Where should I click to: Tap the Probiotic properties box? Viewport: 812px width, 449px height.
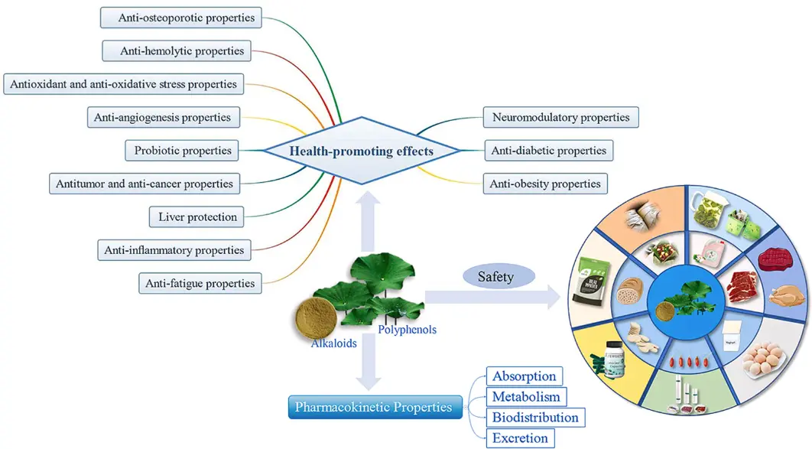[183, 150]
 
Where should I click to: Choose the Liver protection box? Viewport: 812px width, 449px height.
[197, 216]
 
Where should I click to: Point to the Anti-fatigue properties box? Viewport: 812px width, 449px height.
[200, 283]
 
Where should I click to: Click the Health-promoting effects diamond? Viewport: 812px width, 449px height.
[361, 151]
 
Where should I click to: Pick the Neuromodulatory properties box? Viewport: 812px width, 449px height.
[560, 117]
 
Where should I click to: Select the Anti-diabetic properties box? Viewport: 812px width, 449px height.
[548, 150]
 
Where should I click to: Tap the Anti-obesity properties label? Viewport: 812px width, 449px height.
[545, 184]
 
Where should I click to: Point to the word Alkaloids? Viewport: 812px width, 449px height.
[334, 343]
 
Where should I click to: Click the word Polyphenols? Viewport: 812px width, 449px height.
[407, 330]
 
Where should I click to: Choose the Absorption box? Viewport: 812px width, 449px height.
[524, 376]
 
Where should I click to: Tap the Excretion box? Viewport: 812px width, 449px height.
[520, 438]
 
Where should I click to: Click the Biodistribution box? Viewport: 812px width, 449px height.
[535, 418]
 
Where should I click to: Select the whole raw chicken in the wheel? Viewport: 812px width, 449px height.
[785, 293]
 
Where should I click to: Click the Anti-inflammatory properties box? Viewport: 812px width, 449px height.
[175, 249]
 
